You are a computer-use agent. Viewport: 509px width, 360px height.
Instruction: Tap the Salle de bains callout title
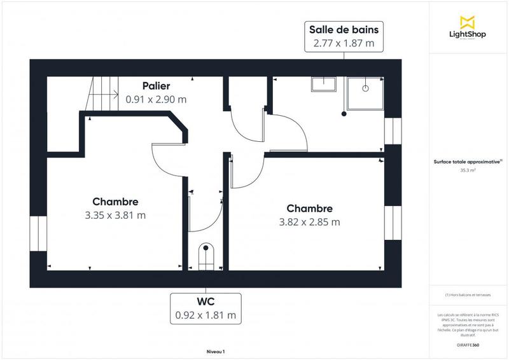(x=344, y=29)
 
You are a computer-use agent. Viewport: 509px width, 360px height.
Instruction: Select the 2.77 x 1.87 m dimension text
(x=344, y=44)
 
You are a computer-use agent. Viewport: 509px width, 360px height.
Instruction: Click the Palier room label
(x=156, y=85)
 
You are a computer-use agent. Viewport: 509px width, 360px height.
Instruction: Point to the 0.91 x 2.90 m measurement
(x=156, y=99)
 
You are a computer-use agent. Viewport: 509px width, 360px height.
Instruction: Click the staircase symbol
(x=103, y=94)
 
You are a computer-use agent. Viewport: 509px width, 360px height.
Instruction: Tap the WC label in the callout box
(x=205, y=301)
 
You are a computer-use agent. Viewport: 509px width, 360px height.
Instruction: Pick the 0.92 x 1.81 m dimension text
(x=205, y=315)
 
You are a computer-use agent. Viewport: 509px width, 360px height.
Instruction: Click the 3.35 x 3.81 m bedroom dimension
(x=115, y=215)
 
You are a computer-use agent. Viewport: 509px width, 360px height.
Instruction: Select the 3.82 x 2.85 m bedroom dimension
(x=309, y=222)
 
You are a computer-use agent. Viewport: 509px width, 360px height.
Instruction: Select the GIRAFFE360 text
(x=468, y=343)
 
